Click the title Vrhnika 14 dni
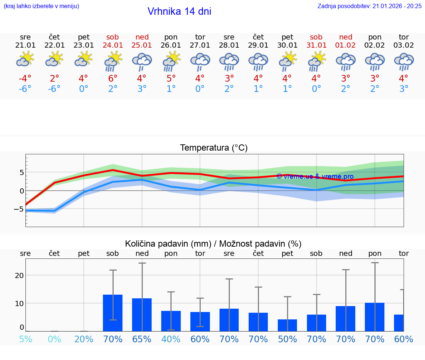click(179, 11)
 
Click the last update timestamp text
click(369, 6)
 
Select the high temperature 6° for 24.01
click(113, 79)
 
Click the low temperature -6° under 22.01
click(54, 89)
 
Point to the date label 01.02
click(345, 45)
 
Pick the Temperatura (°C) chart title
click(214, 148)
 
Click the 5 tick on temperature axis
click(22, 173)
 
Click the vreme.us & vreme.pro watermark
click(315, 176)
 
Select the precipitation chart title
click(213, 244)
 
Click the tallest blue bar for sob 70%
click(113, 313)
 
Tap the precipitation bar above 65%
click(142, 315)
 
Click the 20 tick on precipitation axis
click(19, 275)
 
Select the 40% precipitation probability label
click(171, 339)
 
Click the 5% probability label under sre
click(25, 339)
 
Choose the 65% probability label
click(142, 339)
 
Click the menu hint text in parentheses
click(41, 6)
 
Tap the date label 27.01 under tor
click(200, 45)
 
